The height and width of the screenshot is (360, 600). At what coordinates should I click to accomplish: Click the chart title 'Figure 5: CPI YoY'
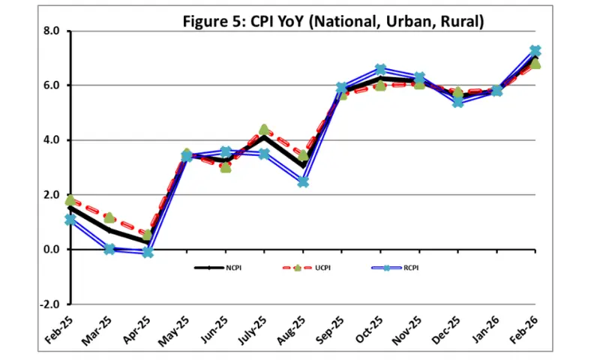pos(333,21)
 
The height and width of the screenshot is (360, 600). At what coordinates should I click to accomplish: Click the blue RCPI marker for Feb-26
pos(535,51)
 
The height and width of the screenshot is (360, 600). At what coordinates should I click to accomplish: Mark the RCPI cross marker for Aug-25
pos(303,181)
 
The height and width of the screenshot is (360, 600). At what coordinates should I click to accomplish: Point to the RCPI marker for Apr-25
pos(148,252)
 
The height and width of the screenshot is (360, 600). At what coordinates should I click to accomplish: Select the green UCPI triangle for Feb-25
pos(70,200)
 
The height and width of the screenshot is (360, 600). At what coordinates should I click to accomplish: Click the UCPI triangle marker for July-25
pos(264,130)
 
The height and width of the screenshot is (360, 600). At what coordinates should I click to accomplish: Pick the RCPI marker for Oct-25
pos(380,70)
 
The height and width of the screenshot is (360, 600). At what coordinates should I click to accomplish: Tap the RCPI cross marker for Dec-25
pos(458,102)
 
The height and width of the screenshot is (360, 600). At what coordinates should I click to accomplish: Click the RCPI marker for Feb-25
pos(70,220)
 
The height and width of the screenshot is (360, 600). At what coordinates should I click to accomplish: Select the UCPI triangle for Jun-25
pos(225,167)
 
